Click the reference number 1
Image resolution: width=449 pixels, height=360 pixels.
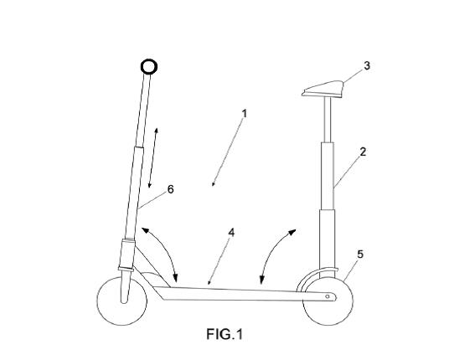pyautogui.click(x=245, y=114)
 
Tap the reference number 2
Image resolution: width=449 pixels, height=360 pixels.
pyautogui.click(x=363, y=152)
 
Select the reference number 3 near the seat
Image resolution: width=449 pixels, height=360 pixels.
pyautogui.click(x=367, y=65)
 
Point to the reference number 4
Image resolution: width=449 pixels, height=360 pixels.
pyautogui.click(x=231, y=233)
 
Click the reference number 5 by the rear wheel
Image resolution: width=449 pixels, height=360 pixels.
pyautogui.click(x=360, y=255)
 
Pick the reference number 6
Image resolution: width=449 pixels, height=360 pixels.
pyautogui.click(x=170, y=189)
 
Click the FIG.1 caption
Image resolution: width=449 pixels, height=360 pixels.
pyautogui.click(x=224, y=334)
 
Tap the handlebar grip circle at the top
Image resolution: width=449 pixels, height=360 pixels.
pyautogui.click(x=149, y=67)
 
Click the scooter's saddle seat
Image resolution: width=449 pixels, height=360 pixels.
pyautogui.click(x=323, y=90)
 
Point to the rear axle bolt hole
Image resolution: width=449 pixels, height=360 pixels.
pyautogui.click(x=328, y=296)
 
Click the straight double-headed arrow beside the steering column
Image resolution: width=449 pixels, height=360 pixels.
pyautogui.click(x=152, y=158)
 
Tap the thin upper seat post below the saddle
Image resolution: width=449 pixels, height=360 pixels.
pyautogui.click(x=328, y=121)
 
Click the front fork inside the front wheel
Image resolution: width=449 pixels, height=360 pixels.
pyautogui.click(x=126, y=286)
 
